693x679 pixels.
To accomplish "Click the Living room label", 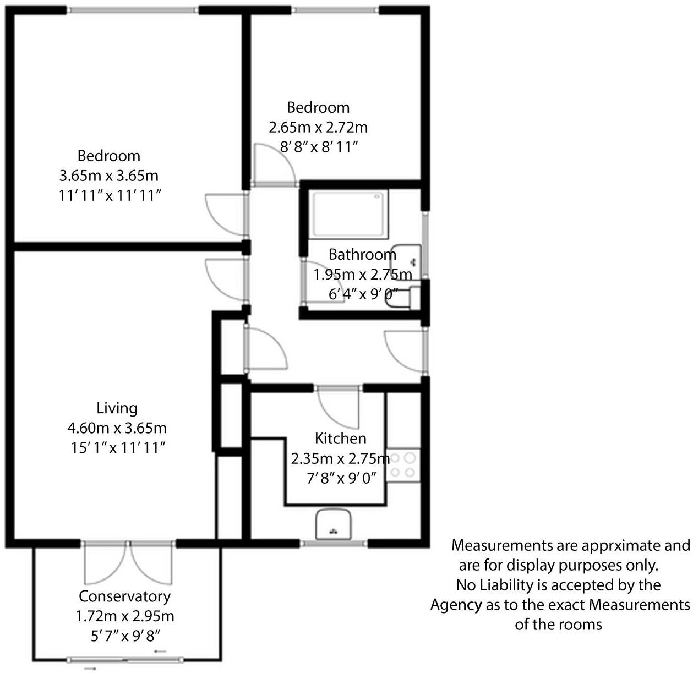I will (117, 408).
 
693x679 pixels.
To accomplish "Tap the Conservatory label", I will (124, 596).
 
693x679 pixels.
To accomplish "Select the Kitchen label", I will (340, 438).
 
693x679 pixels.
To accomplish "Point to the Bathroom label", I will (362, 254).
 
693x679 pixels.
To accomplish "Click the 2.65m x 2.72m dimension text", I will (318, 127).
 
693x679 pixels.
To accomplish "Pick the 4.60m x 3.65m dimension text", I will (117, 428).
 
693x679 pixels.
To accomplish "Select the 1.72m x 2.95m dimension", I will (124, 616).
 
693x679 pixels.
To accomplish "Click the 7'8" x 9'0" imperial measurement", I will (341, 478).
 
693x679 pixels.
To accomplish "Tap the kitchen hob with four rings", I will (403, 466).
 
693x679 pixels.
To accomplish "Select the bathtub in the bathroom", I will (348, 215).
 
